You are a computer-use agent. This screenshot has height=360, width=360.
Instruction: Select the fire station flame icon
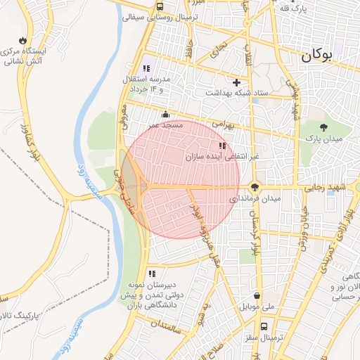25,39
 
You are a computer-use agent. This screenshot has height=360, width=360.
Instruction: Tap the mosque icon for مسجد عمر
165,114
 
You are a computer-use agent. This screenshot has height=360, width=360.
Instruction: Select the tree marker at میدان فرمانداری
254,187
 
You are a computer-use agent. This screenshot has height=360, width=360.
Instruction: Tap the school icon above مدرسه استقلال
146,68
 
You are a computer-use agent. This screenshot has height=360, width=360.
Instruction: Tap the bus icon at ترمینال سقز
264,326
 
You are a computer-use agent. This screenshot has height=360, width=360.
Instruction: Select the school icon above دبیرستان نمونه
151,274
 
